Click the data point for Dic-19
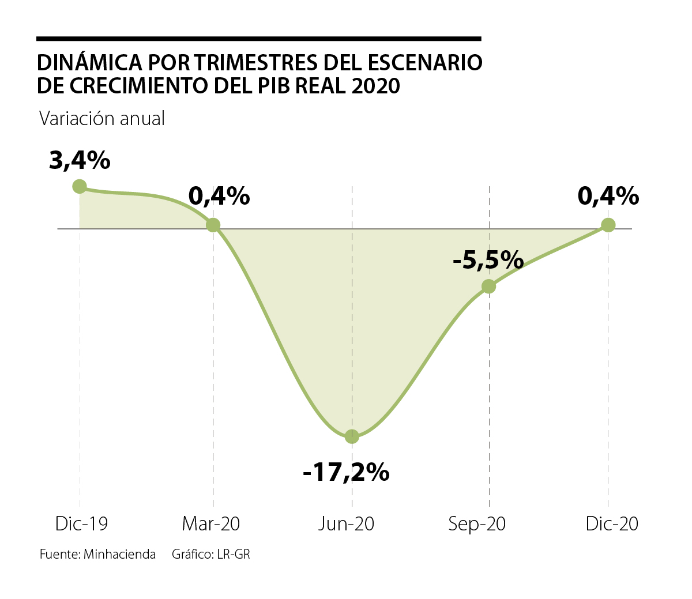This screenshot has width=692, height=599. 80,186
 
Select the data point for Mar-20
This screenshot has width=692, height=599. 213,225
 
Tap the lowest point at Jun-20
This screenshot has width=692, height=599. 352,436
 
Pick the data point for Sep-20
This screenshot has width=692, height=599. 488,286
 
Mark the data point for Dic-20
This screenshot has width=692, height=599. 608,225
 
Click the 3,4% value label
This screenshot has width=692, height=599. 80,161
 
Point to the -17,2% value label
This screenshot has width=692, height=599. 346,473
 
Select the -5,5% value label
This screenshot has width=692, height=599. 488,261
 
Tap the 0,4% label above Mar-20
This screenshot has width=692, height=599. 219,197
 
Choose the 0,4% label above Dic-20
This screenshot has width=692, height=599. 608,197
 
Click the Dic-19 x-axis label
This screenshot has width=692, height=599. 81,523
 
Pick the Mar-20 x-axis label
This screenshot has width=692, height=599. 211,523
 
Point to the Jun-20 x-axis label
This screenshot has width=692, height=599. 347,523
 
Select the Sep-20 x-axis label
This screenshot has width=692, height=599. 477,523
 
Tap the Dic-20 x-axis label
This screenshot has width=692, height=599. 612,523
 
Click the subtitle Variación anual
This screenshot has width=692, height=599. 102,119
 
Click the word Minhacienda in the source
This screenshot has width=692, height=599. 119,555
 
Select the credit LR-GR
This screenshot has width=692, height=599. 234,555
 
